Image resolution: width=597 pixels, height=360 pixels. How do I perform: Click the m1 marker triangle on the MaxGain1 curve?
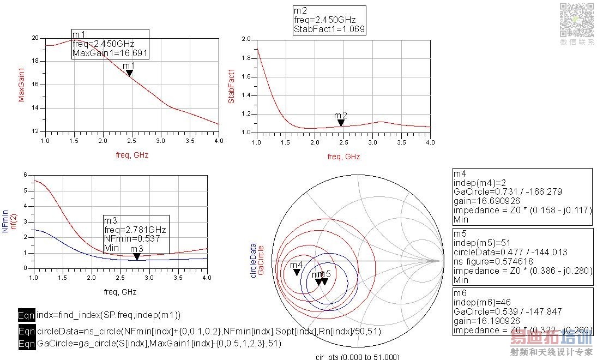[129, 73]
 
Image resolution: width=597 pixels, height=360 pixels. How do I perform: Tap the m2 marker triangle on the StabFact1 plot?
[341, 123]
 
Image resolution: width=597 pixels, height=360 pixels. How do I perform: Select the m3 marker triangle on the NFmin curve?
[137, 256]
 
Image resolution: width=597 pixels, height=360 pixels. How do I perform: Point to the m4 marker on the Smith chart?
[297, 272]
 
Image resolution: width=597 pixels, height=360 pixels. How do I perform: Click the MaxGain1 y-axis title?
[22, 85]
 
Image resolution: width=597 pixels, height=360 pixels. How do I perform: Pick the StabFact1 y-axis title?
[232, 86]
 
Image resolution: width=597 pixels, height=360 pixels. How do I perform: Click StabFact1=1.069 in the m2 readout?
[329, 29]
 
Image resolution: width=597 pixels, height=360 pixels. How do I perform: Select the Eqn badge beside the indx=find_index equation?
[26, 315]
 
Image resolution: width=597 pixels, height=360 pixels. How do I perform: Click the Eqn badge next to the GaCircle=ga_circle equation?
[26, 344]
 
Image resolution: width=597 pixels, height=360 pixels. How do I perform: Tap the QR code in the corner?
[577, 19]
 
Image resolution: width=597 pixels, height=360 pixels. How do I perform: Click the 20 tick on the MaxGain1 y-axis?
[35, 38]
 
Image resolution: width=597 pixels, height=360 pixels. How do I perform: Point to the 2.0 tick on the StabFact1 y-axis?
[245, 39]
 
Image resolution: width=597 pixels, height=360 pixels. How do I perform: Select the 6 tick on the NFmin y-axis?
[25, 175]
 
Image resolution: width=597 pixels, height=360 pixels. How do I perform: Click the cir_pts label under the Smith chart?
[357, 357]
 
